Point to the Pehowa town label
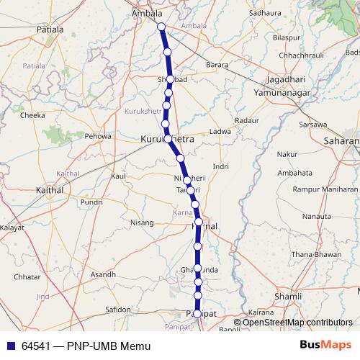pos(98,135)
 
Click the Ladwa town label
pos(220,132)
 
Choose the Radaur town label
pos(246,120)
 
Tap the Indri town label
pos(220,166)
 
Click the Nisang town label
pos(142,222)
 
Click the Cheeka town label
pos(32,114)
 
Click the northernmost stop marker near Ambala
pos(161,27)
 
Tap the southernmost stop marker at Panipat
pos(198,314)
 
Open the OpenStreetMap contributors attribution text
pos(298,323)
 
